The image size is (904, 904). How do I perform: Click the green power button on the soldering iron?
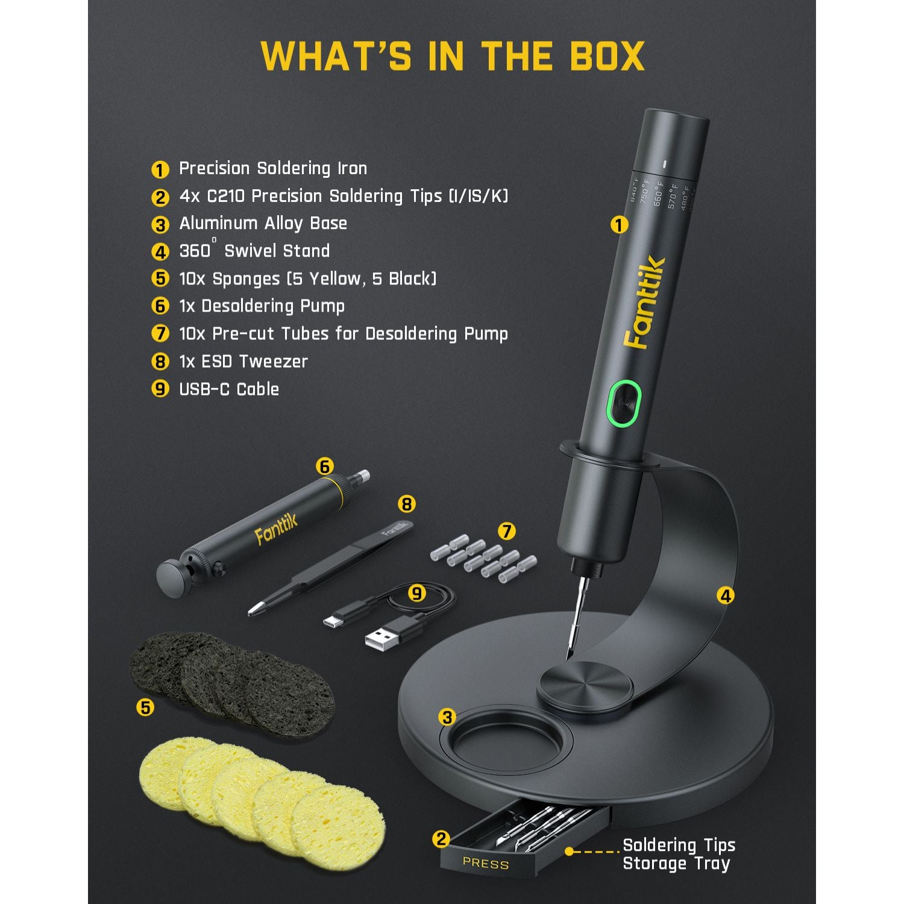[623, 403]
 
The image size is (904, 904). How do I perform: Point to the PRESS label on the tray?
[486, 863]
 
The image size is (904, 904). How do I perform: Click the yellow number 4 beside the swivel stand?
[726, 596]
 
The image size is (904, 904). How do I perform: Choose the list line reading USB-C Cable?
[229, 389]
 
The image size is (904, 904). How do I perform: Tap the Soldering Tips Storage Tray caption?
[679, 854]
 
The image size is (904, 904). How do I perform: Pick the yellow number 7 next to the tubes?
[507, 531]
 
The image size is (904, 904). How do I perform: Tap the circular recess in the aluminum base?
[509, 741]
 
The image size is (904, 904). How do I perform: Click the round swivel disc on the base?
[585, 687]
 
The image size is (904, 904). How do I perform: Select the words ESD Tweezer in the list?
[254, 362]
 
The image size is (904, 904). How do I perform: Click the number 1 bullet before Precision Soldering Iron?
[160, 169]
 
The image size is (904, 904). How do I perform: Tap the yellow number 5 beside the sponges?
[145, 707]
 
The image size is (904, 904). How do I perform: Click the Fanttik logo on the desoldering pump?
[276, 530]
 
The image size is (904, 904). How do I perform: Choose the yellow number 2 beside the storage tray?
[441, 839]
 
